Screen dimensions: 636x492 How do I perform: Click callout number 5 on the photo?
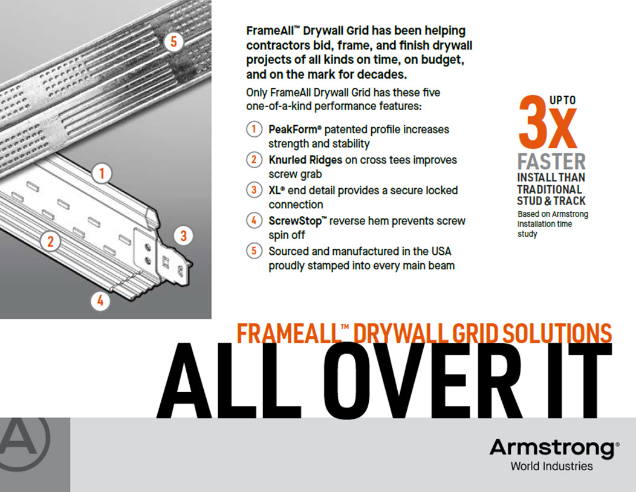(174, 41)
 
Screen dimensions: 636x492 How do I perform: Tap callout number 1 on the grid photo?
(102, 173)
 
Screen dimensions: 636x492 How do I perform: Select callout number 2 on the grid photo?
(50, 241)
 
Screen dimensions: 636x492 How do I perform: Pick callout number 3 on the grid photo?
(183, 235)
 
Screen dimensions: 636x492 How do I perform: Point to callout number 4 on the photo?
(100, 301)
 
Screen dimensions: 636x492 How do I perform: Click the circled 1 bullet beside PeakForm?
(254, 129)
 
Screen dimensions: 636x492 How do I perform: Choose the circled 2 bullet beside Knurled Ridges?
(254, 160)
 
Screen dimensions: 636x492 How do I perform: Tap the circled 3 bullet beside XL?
(254, 190)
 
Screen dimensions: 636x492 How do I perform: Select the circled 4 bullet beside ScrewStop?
(254, 220)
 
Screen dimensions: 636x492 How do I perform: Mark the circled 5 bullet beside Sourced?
(254, 251)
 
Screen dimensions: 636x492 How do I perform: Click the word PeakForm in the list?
(293, 130)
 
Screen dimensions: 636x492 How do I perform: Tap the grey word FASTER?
(551, 162)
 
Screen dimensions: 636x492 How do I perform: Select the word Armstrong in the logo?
(552, 448)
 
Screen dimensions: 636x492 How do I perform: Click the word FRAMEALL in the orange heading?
(288, 333)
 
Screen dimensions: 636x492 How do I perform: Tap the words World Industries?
(551, 466)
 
